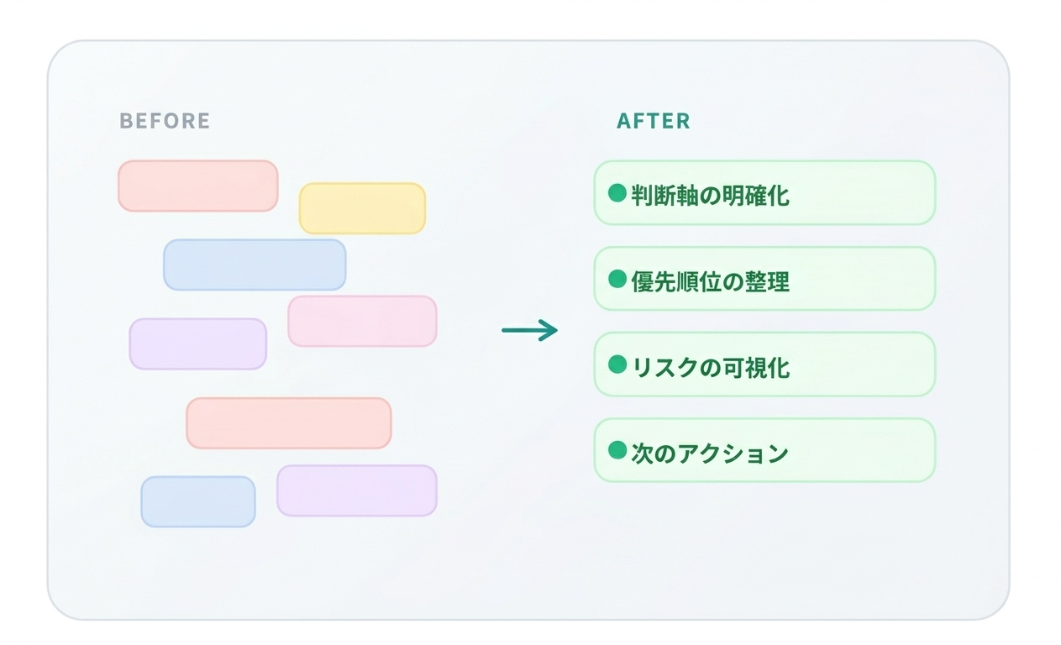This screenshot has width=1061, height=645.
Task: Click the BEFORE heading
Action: click(x=165, y=121)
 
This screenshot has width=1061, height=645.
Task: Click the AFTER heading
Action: click(x=653, y=121)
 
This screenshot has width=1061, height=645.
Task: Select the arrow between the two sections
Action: click(x=529, y=330)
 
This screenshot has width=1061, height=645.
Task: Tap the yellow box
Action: click(x=362, y=208)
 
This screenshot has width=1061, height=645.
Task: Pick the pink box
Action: click(x=362, y=321)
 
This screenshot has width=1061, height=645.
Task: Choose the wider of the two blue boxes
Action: click(x=255, y=265)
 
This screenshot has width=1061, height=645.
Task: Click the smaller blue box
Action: click(x=197, y=501)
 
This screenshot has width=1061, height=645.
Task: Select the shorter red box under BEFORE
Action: click(x=197, y=186)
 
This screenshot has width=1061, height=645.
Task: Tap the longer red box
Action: click(x=288, y=422)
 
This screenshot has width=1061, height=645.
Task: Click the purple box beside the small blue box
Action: click(x=356, y=490)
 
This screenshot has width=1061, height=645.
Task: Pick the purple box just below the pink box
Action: click(x=197, y=343)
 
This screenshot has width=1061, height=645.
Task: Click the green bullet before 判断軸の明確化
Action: click(x=617, y=193)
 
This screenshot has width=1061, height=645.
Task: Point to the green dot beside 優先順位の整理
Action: click(x=617, y=279)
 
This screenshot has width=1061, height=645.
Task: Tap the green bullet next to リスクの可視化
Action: click(x=617, y=364)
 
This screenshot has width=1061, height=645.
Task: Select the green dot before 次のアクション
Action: click(x=617, y=450)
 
